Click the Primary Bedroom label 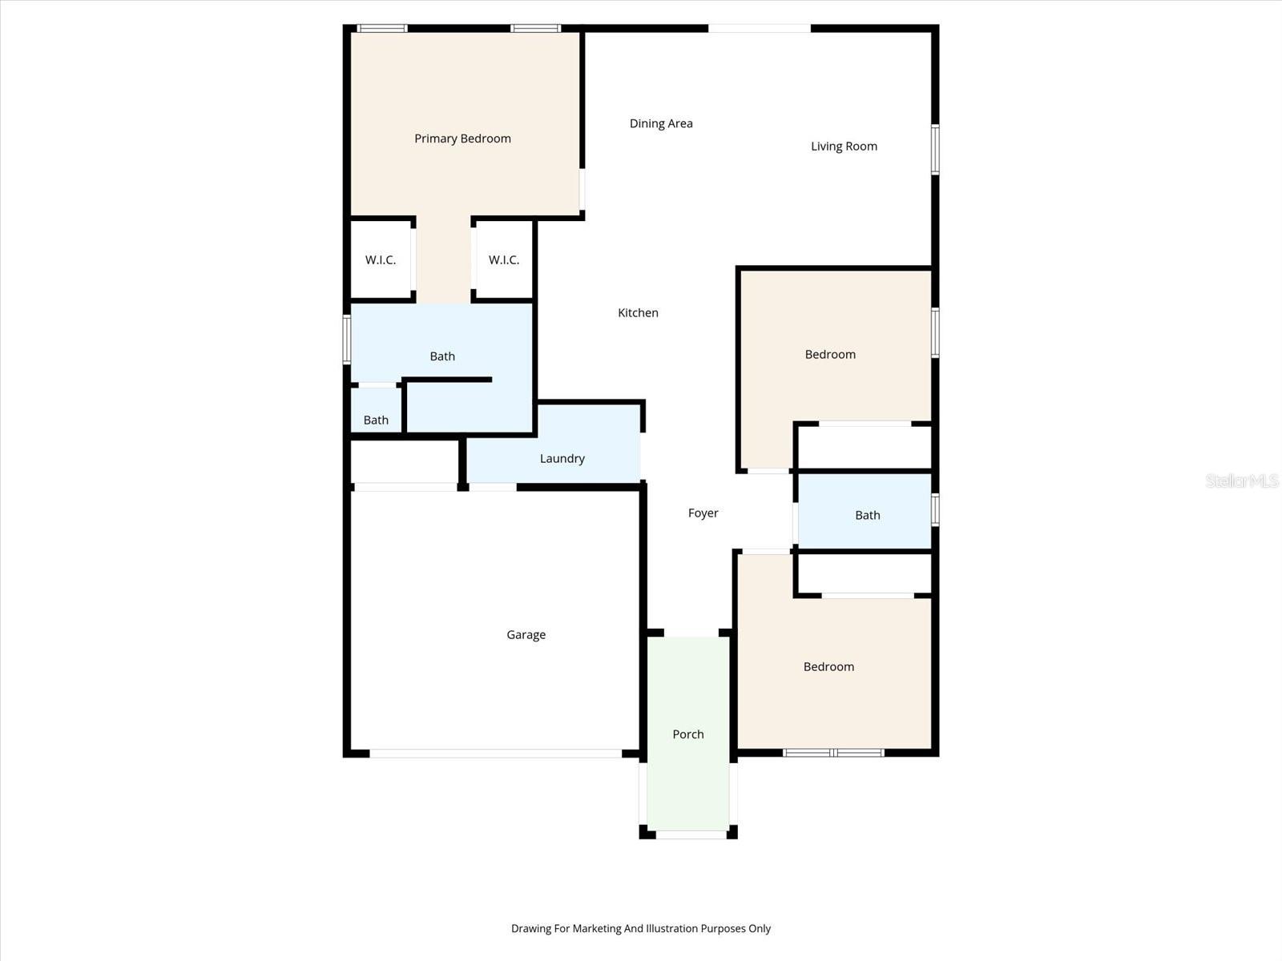pyautogui.click(x=462, y=139)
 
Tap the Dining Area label pyautogui.click(x=661, y=123)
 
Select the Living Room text pyautogui.click(x=844, y=146)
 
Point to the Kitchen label pyautogui.click(x=638, y=312)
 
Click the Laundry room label pyautogui.click(x=562, y=458)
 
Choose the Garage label pyautogui.click(x=526, y=634)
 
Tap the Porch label pyautogui.click(x=688, y=734)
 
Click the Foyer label pyautogui.click(x=703, y=513)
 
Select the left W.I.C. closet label pyautogui.click(x=381, y=259)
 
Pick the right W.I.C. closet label pyautogui.click(x=504, y=259)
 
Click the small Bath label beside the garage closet pyautogui.click(x=376, y=420)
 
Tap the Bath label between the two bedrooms pyautogui.click(x=867, y=515)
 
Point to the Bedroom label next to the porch pyautogui.click(x=828, y=666)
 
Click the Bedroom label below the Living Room pyautogui.click(x=830, y=354)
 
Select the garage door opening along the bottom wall pyautogui.click(x=495, y=754)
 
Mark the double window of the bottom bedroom pyautogui.click(x=833, y=753)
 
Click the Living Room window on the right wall pyautogui.click(x=935, y=149)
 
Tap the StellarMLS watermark pyautogui.click(x=1242, y=480)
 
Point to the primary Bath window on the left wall pyautogui.click(x=347, y=340)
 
